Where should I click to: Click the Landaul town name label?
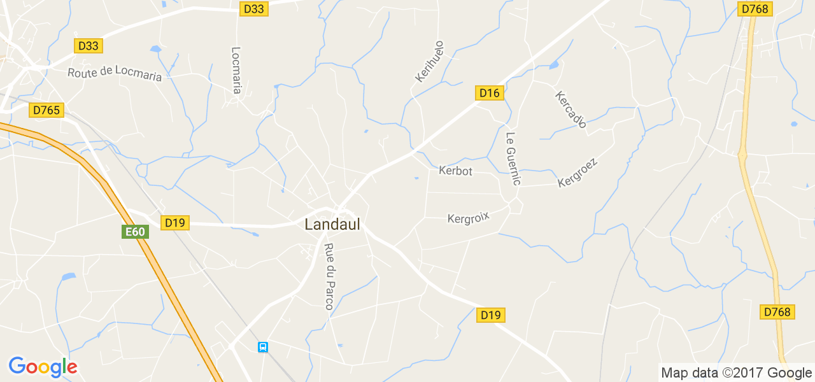[332, 224]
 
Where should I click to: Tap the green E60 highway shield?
[135, 232]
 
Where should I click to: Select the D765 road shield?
[46, 110]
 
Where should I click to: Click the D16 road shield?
[490, 93]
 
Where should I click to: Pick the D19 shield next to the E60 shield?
[174, 223]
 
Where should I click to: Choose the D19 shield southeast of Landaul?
[491, 315]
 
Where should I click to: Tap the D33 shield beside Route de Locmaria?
[89, 46]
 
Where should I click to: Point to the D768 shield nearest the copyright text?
[777, 311]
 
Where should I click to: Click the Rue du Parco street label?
[329, 277]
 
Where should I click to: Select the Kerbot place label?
[456, 171]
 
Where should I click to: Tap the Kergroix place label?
[469, 218]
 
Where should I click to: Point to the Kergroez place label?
[578, 173]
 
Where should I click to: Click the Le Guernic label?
[513, 159]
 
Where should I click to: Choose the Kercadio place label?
[570, 110]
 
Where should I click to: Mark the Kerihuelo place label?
[429, 62]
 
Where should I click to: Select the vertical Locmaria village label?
[236, 70]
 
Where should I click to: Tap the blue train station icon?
[263, 347]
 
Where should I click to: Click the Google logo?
[43, 367]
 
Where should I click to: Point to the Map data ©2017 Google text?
[736, 373]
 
